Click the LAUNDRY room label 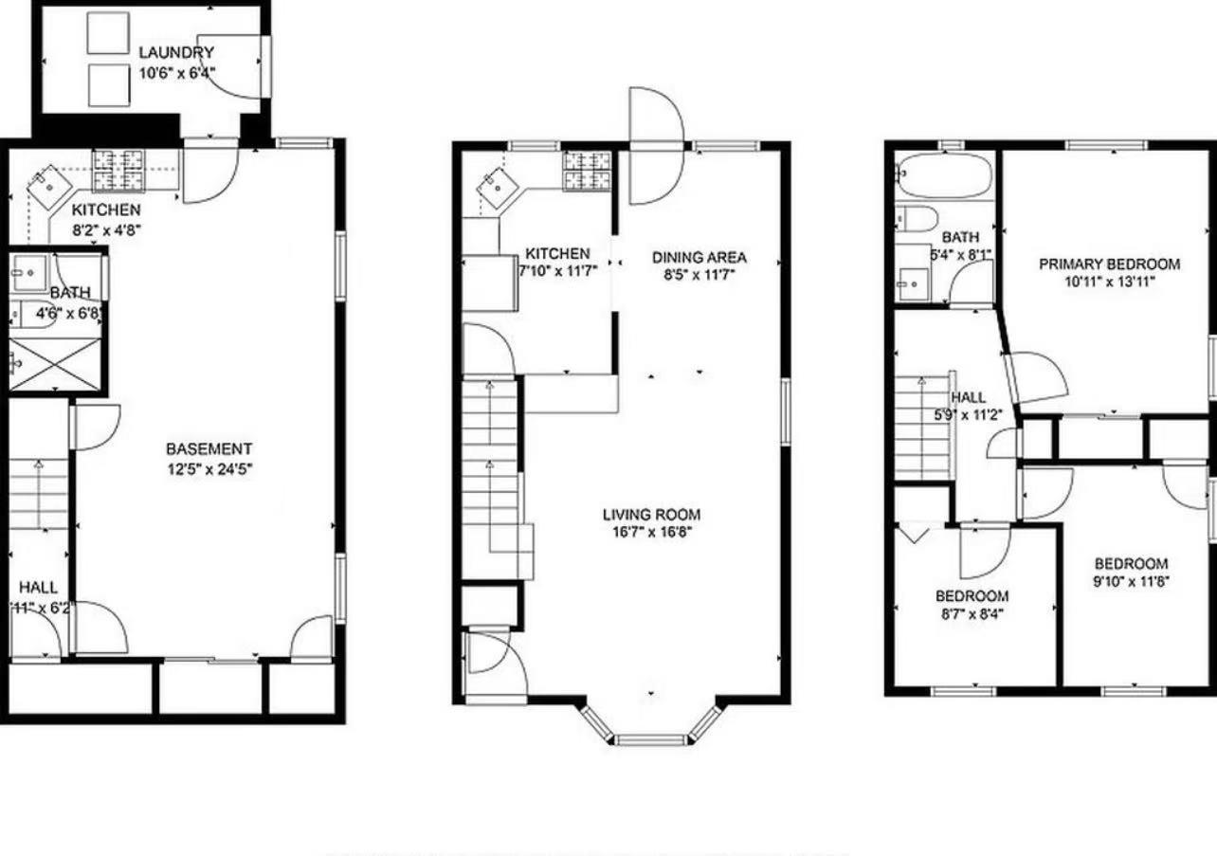(x=175, y=52)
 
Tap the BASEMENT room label (x=209, y=448)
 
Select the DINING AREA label (x=699, y=257)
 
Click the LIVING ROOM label (x=651, y=515)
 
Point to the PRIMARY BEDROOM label (x=1109, y=264)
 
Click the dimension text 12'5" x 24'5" (x=209, y=467)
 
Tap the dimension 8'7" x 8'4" (x=972, y=613)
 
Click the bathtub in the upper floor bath (x=944, y=176)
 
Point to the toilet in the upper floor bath (x=916, y=218)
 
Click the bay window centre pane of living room (x=650, y=739)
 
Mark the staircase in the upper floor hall (x=924, y=427)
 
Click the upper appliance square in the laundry (x=107, y=33)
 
